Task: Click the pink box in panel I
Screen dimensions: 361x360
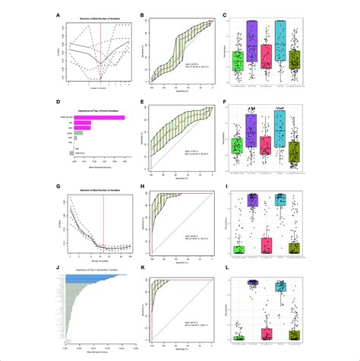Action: [266, 245]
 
